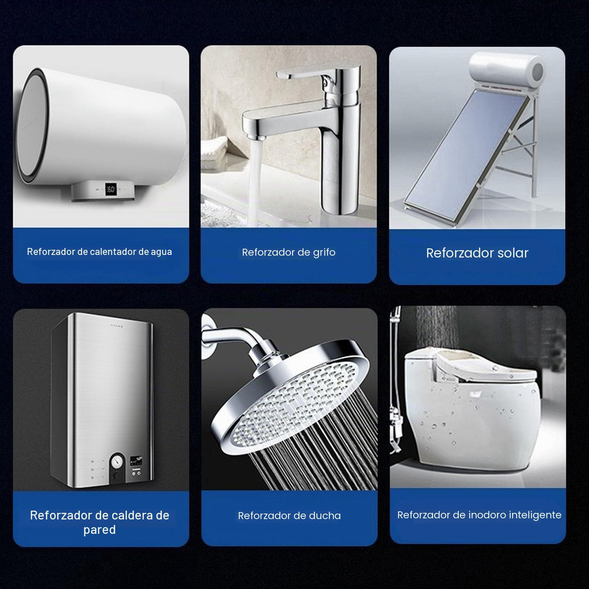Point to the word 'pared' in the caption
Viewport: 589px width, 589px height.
(99, 530)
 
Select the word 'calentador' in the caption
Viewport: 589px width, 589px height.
(113, 252)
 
